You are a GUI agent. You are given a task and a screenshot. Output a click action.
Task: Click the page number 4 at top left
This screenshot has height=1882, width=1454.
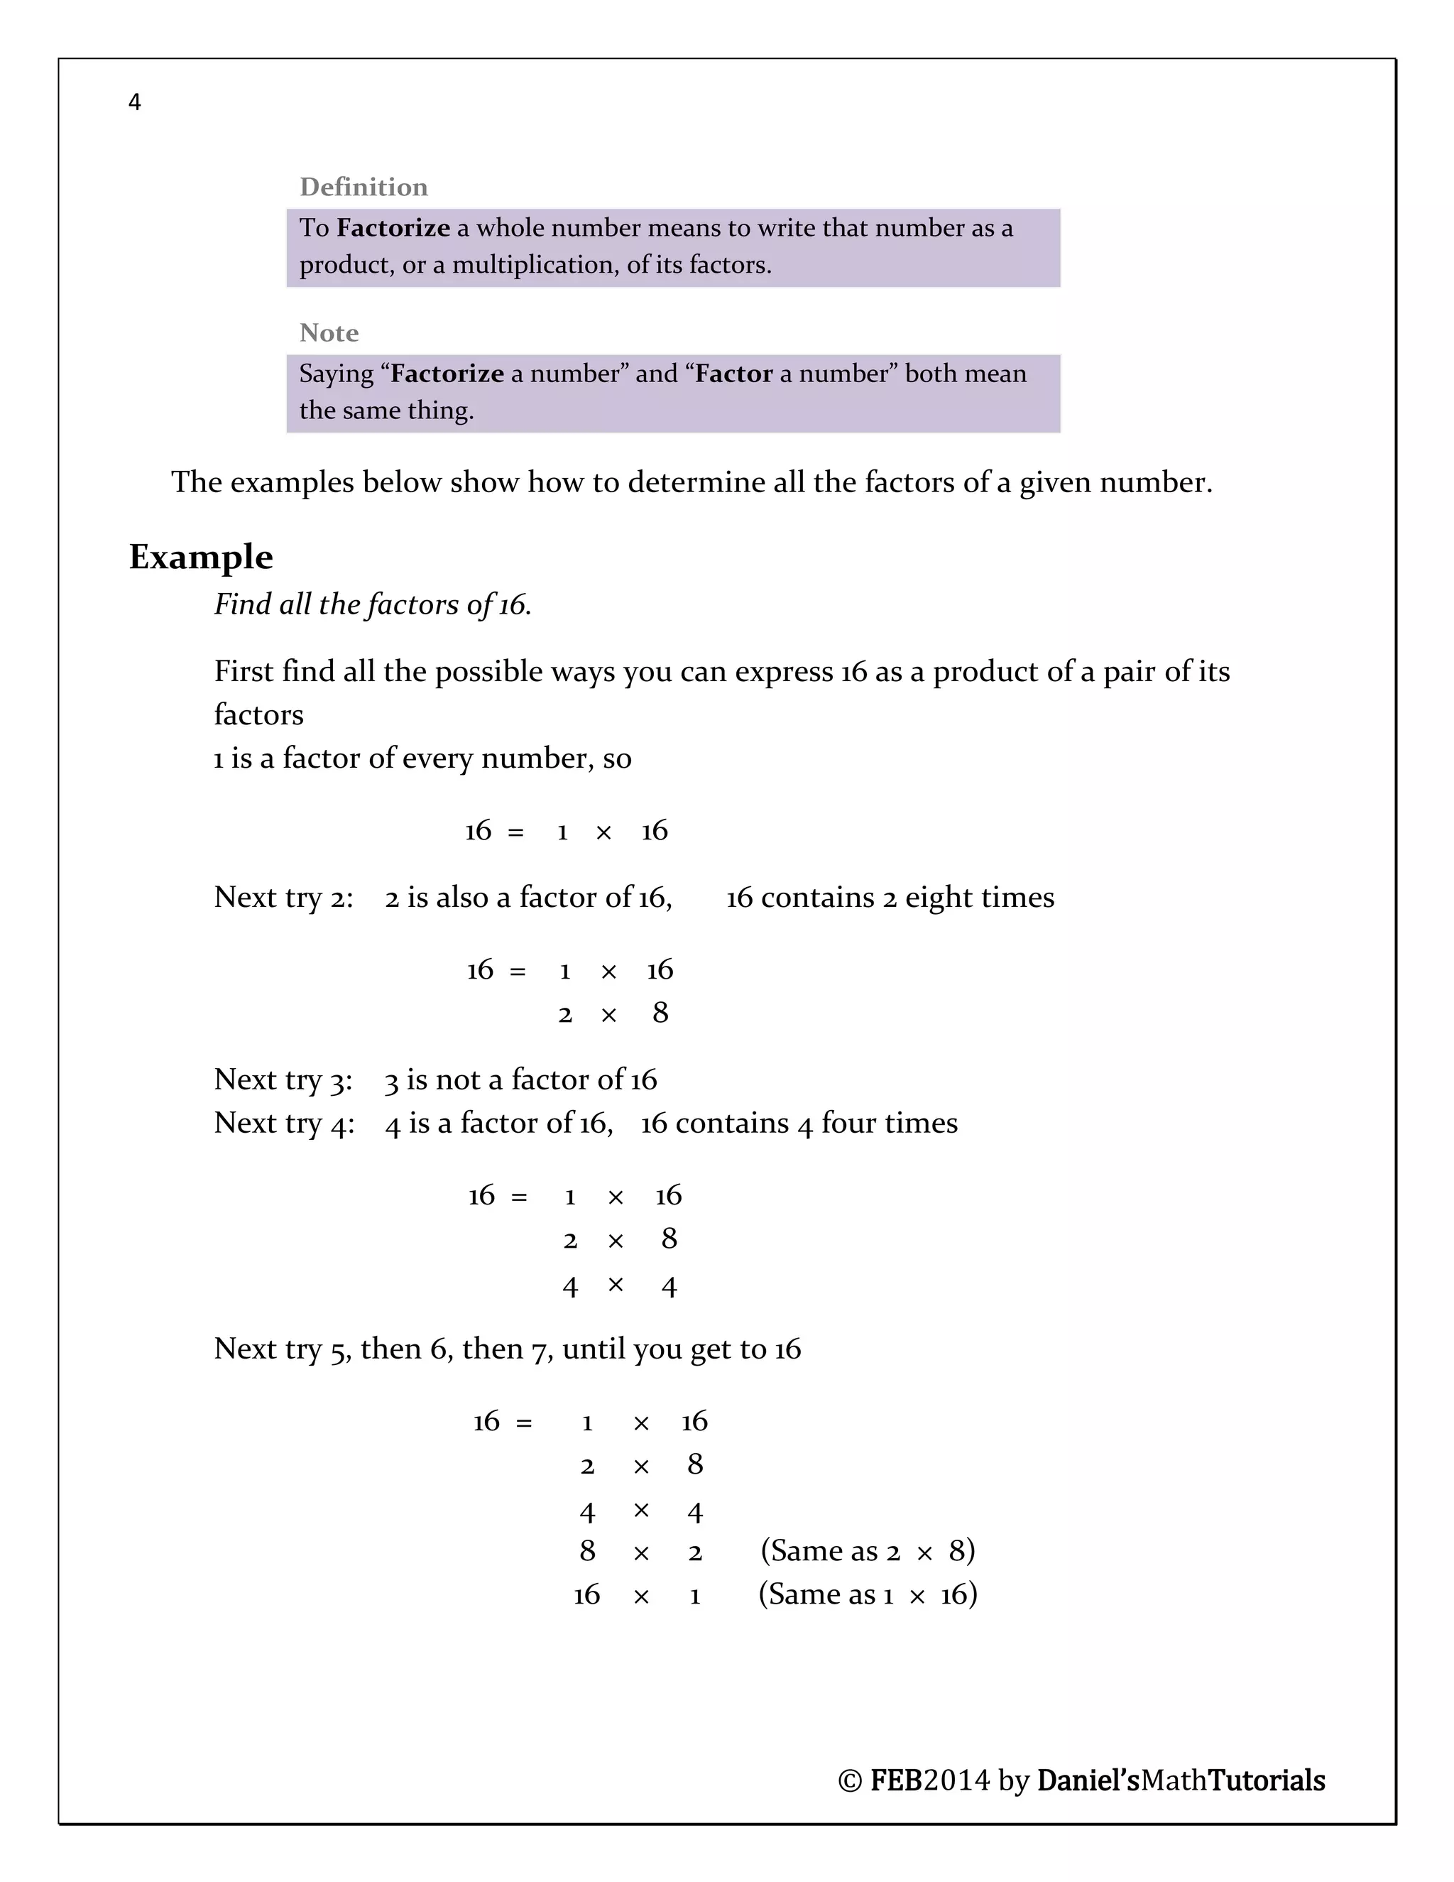[134, 102]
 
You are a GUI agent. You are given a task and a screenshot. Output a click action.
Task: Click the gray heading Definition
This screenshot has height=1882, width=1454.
[363, 187]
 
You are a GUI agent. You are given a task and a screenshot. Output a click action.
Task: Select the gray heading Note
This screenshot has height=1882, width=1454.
[329, 332]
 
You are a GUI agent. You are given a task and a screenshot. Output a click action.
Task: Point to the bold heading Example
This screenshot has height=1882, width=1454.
[201, 557]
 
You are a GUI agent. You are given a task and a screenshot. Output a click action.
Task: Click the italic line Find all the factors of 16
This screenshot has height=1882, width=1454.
[372, 605]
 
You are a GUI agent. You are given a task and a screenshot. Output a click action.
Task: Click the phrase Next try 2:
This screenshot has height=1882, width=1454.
[283, 898]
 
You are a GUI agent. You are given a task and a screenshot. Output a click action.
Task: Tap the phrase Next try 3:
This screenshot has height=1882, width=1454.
[283, 1079]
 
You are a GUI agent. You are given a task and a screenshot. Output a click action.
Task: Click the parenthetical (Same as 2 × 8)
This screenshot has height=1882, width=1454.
[868, 1551]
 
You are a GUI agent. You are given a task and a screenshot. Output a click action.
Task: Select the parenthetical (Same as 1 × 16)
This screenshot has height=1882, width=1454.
[868, 1595]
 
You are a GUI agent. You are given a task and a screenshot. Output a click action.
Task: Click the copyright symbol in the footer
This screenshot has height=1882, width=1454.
[849, 1781]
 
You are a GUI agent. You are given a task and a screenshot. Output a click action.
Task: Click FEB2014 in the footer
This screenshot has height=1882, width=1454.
[929, 1780]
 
